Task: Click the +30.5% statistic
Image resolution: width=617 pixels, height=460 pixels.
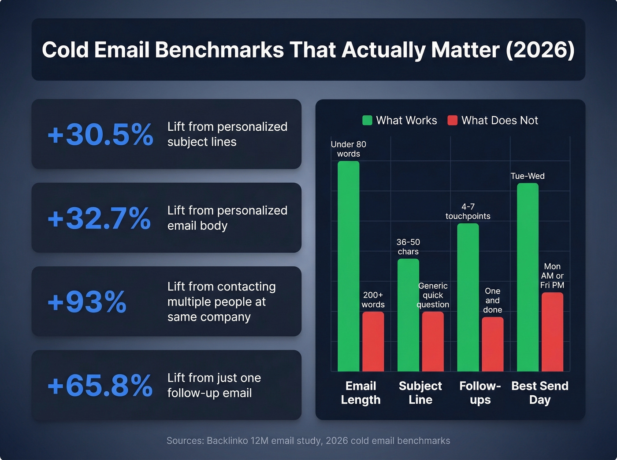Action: [x=100, y=134]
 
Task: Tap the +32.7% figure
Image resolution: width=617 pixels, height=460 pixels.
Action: [x=99, y=218]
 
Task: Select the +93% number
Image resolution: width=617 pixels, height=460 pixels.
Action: [x=87, y=302]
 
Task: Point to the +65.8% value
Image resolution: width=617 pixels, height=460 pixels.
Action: [x=100, y=386]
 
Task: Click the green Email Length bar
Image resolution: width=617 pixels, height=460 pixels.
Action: [x=348, y=266]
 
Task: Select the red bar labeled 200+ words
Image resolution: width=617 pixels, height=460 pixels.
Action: [x=373, y=342]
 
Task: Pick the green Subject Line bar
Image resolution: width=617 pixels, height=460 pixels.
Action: [x=408, y=315]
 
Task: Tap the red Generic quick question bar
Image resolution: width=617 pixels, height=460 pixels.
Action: [x=433, y=342]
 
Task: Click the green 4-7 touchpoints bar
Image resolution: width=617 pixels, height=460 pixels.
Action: [x=468, y=298]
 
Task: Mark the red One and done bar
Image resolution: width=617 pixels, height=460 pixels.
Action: [x=492, y=344]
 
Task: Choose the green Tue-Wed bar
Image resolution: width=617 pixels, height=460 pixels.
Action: [x=528, y=277]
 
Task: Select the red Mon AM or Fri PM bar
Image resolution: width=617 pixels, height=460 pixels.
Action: [x=552, y=332]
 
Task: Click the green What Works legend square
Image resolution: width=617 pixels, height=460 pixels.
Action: [x=367, y=120]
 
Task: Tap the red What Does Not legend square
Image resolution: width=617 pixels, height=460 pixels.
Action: [x=452, y=120]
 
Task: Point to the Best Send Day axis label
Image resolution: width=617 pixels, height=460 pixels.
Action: [x=540, y=393]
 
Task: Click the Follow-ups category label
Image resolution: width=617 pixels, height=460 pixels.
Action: [x=480, y=393]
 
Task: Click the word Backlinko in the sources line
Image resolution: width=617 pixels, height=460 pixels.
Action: [x=227, y=441]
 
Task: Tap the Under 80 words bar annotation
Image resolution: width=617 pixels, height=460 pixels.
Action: [x=348, y=149]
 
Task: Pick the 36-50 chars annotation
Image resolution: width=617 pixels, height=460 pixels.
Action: [x=408, y=247]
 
